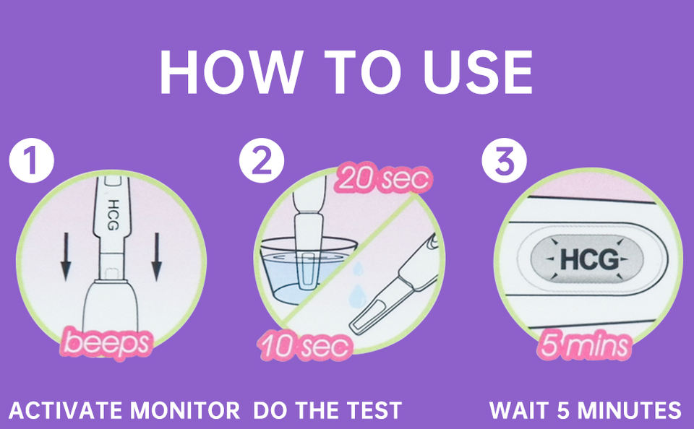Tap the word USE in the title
coord(478,71)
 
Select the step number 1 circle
coord(31,160)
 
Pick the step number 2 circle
coord(262,160)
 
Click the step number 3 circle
coord(504,160)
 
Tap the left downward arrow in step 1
coord(66,257)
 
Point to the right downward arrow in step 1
coord(156,257)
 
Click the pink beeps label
coord(107,343)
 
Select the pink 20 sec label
coord(383,178)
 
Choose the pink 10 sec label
coord(305,346)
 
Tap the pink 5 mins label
coord(584,345)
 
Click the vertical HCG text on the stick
coord(113,215)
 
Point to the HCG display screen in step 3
coord(587,259)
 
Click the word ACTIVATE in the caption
coord(67,410)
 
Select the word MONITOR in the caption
coord(184,410)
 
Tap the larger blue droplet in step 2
coord(356,296)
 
